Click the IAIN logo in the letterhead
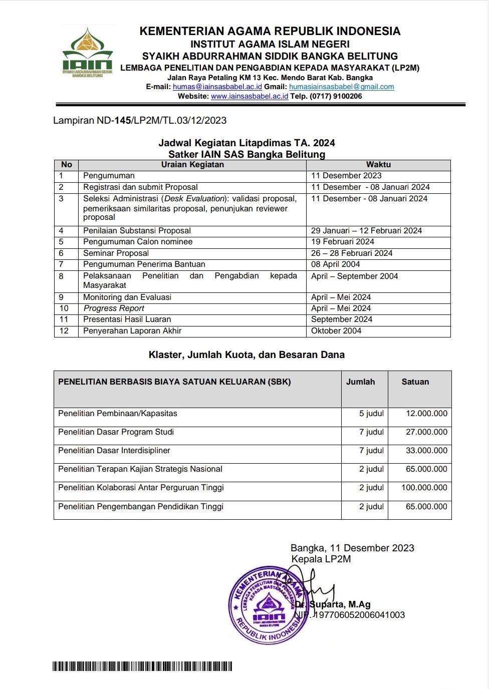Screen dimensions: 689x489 (88, 52)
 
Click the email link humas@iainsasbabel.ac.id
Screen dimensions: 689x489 (217, 87)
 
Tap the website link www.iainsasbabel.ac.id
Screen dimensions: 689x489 (250, 96)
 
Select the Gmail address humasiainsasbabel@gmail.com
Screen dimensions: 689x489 (341, 87)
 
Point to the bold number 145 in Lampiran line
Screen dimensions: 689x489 (123, 121)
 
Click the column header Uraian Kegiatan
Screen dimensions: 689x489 (192, 165)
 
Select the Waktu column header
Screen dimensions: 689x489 (378, 165)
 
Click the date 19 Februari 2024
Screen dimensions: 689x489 (343, 242)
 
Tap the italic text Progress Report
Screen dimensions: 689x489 (114, 308)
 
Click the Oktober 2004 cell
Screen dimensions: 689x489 (336, 331)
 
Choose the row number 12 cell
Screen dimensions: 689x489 (64, 331)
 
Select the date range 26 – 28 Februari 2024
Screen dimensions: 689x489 (352, 253)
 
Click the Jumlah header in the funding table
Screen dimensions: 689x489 (360, 382)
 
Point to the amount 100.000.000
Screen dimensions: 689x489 (424, 488)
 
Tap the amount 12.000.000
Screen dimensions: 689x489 (426, 414)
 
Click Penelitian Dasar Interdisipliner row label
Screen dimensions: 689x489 (114, 451)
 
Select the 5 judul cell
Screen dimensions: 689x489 (371, 414)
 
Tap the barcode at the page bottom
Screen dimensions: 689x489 (142, 666)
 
